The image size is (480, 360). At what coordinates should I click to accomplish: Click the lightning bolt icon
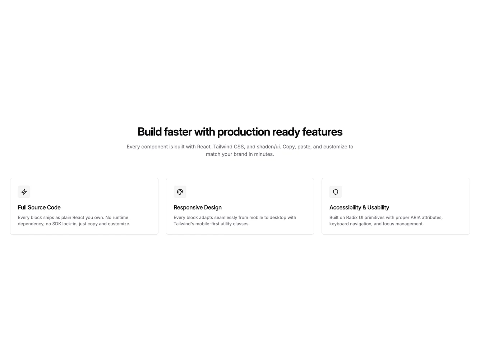(24, 192)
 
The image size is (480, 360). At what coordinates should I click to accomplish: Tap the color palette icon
(180, 192)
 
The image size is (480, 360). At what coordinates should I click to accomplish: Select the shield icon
(336, 192)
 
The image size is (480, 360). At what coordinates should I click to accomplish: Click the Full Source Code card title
(39, 207)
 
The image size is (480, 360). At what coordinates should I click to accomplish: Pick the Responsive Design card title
(198, 207)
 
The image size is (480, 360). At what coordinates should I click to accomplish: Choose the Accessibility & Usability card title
(359, 207)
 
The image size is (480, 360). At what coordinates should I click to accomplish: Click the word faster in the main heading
(178, 132)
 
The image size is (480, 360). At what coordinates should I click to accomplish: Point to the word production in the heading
(244, 132)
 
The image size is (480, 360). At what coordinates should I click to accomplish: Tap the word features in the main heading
(322, 132)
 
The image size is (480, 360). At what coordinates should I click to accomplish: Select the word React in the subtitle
(204, 147)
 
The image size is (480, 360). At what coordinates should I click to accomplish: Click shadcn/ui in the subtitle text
(268, 147)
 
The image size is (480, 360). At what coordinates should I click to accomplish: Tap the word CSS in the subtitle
(239, 147)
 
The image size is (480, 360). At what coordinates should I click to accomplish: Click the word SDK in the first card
(57, 224)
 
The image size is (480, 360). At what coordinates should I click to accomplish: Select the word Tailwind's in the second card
(185, 224)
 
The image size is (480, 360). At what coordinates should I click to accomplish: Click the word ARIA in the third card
(417, 218)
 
